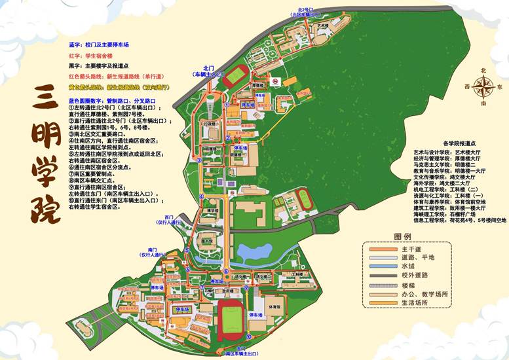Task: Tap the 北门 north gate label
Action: click(209, 68)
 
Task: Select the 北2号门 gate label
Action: click(302, 9)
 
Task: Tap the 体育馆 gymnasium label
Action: click(275, 306)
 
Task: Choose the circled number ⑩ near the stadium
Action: click(248, 336)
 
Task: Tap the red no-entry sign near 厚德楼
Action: click(276, 81)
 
